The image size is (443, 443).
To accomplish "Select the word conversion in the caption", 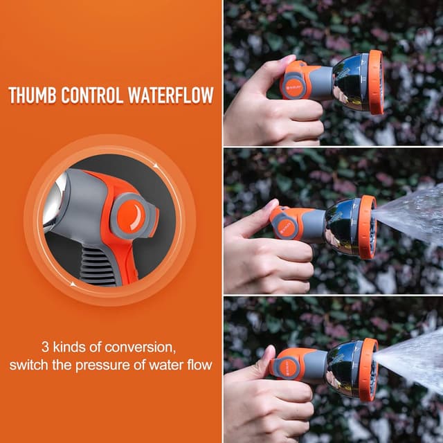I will [x=142, y=345].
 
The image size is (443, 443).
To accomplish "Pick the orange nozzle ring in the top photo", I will [x=376, y=82].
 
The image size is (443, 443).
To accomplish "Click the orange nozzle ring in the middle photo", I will [x=367, y=227].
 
